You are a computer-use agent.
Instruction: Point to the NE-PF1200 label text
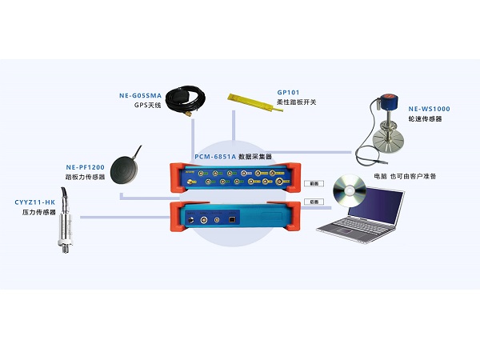pyautogui.click(x=86, y=167)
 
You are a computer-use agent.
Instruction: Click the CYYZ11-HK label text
pyautogui.click(x=34, y=203)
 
